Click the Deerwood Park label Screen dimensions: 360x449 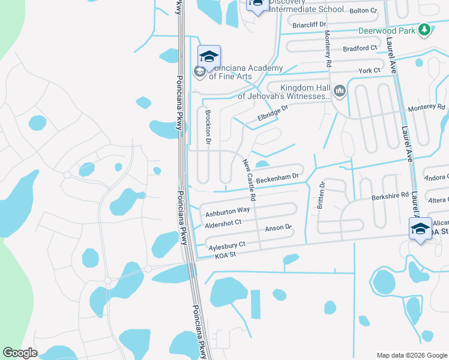click(388, 30)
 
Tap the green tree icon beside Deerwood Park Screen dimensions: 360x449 click(425, 29)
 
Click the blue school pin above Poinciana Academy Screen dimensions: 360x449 click(209, 56)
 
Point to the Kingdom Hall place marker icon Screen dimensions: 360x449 click(340, 91)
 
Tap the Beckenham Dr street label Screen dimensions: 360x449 click(277, 178)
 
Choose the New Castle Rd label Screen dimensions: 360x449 click(250, 179)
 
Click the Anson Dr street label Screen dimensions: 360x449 click(278, 229)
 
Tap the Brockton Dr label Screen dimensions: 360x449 click(208, 126)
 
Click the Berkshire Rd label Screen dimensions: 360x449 click(390, 196)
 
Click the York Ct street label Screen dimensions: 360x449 click(369, 71)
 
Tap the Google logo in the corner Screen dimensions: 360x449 click(20, 353)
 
